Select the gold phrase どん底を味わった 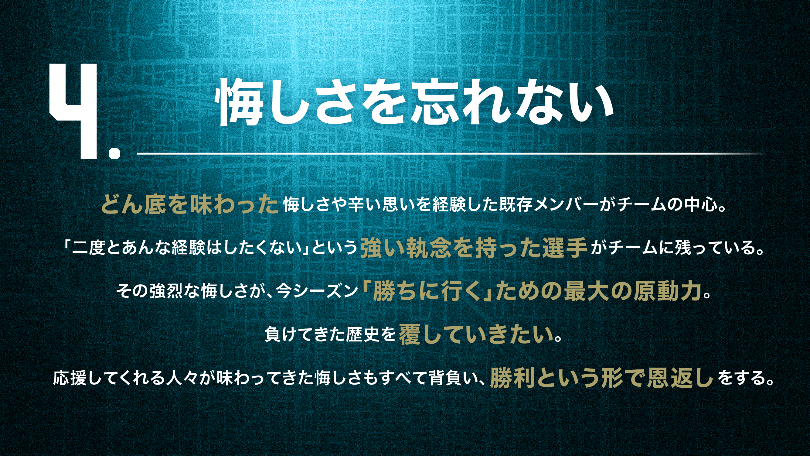(190, 204)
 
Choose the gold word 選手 (565, 248)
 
